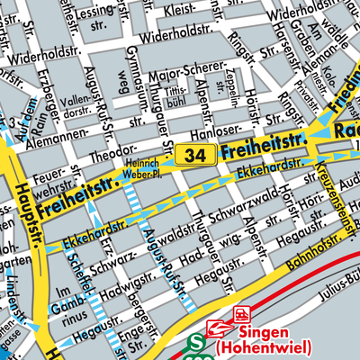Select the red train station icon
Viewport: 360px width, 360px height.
point(240,315)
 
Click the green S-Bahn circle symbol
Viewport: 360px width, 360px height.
point(196,346)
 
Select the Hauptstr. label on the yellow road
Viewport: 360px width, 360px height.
point(22,215)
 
